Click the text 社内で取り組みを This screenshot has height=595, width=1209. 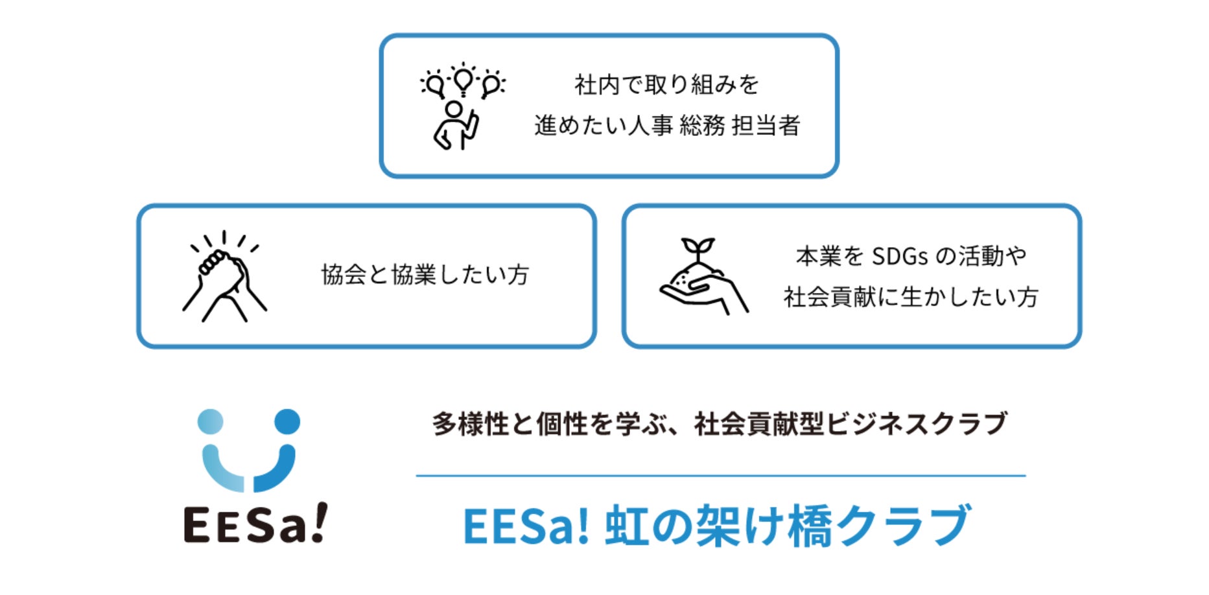[666, 85]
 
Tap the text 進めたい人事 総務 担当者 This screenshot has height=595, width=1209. [667, 126]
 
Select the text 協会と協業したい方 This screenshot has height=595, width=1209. [425, 275]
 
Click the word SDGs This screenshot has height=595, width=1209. [900, 257]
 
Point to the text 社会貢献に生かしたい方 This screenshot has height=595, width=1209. [911, 297]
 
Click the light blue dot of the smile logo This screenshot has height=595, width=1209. [210, 421]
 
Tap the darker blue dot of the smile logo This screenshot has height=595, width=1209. [287, 421]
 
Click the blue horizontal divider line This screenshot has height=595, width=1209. [721, 476]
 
